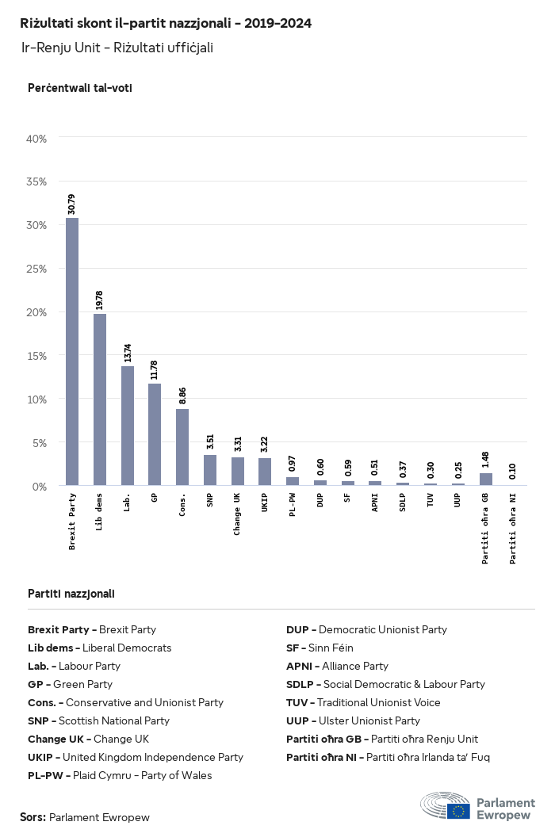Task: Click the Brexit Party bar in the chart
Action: pos(72,351)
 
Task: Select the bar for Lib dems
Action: pos(100,399)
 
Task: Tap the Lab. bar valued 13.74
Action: pos(128,426)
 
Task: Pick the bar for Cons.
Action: pos(182,447)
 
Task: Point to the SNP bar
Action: pos(210,470)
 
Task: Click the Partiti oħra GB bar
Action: pos(486,479)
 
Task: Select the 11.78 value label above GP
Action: pos(155,370)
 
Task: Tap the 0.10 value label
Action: pos(514,469)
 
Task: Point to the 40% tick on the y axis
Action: pos(37,139)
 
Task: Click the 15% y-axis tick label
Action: pos(37,355)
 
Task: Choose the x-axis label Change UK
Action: pos(237,514)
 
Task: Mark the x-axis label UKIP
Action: pos(265,504)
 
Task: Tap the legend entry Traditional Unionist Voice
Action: pos(363,702)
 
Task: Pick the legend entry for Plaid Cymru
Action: pos(120,775)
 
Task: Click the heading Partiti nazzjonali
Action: pos(71,593)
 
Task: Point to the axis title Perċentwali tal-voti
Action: pos(79,88)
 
